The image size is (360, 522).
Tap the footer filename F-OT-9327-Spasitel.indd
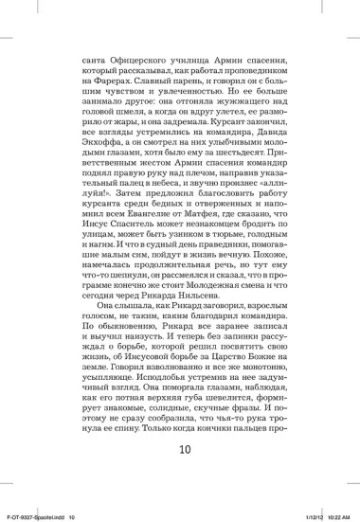[x=35, y=515]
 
